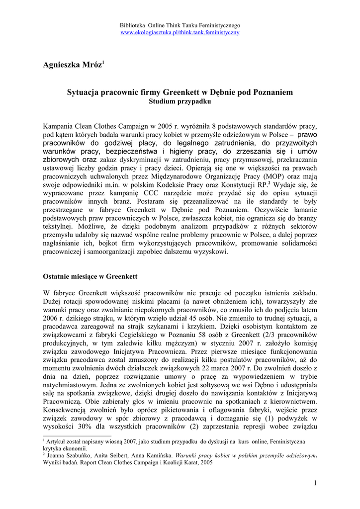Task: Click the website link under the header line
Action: click(x=180, y=32)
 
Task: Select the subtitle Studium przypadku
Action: click(x=180, y=102)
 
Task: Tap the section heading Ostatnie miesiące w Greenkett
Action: click(x=90, y=276)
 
